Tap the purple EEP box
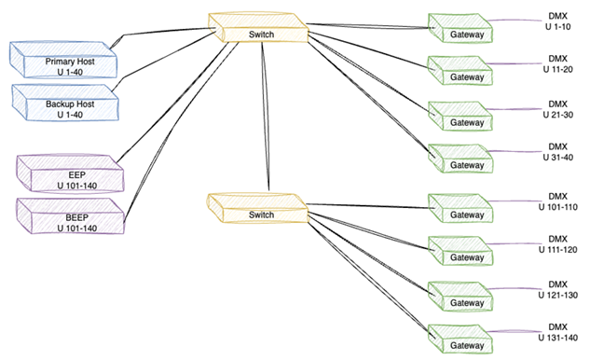point(71,178)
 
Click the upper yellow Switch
point(261,32)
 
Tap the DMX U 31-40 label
point(557,152)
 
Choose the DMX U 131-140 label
point(557,332)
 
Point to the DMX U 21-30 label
point(557,109)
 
